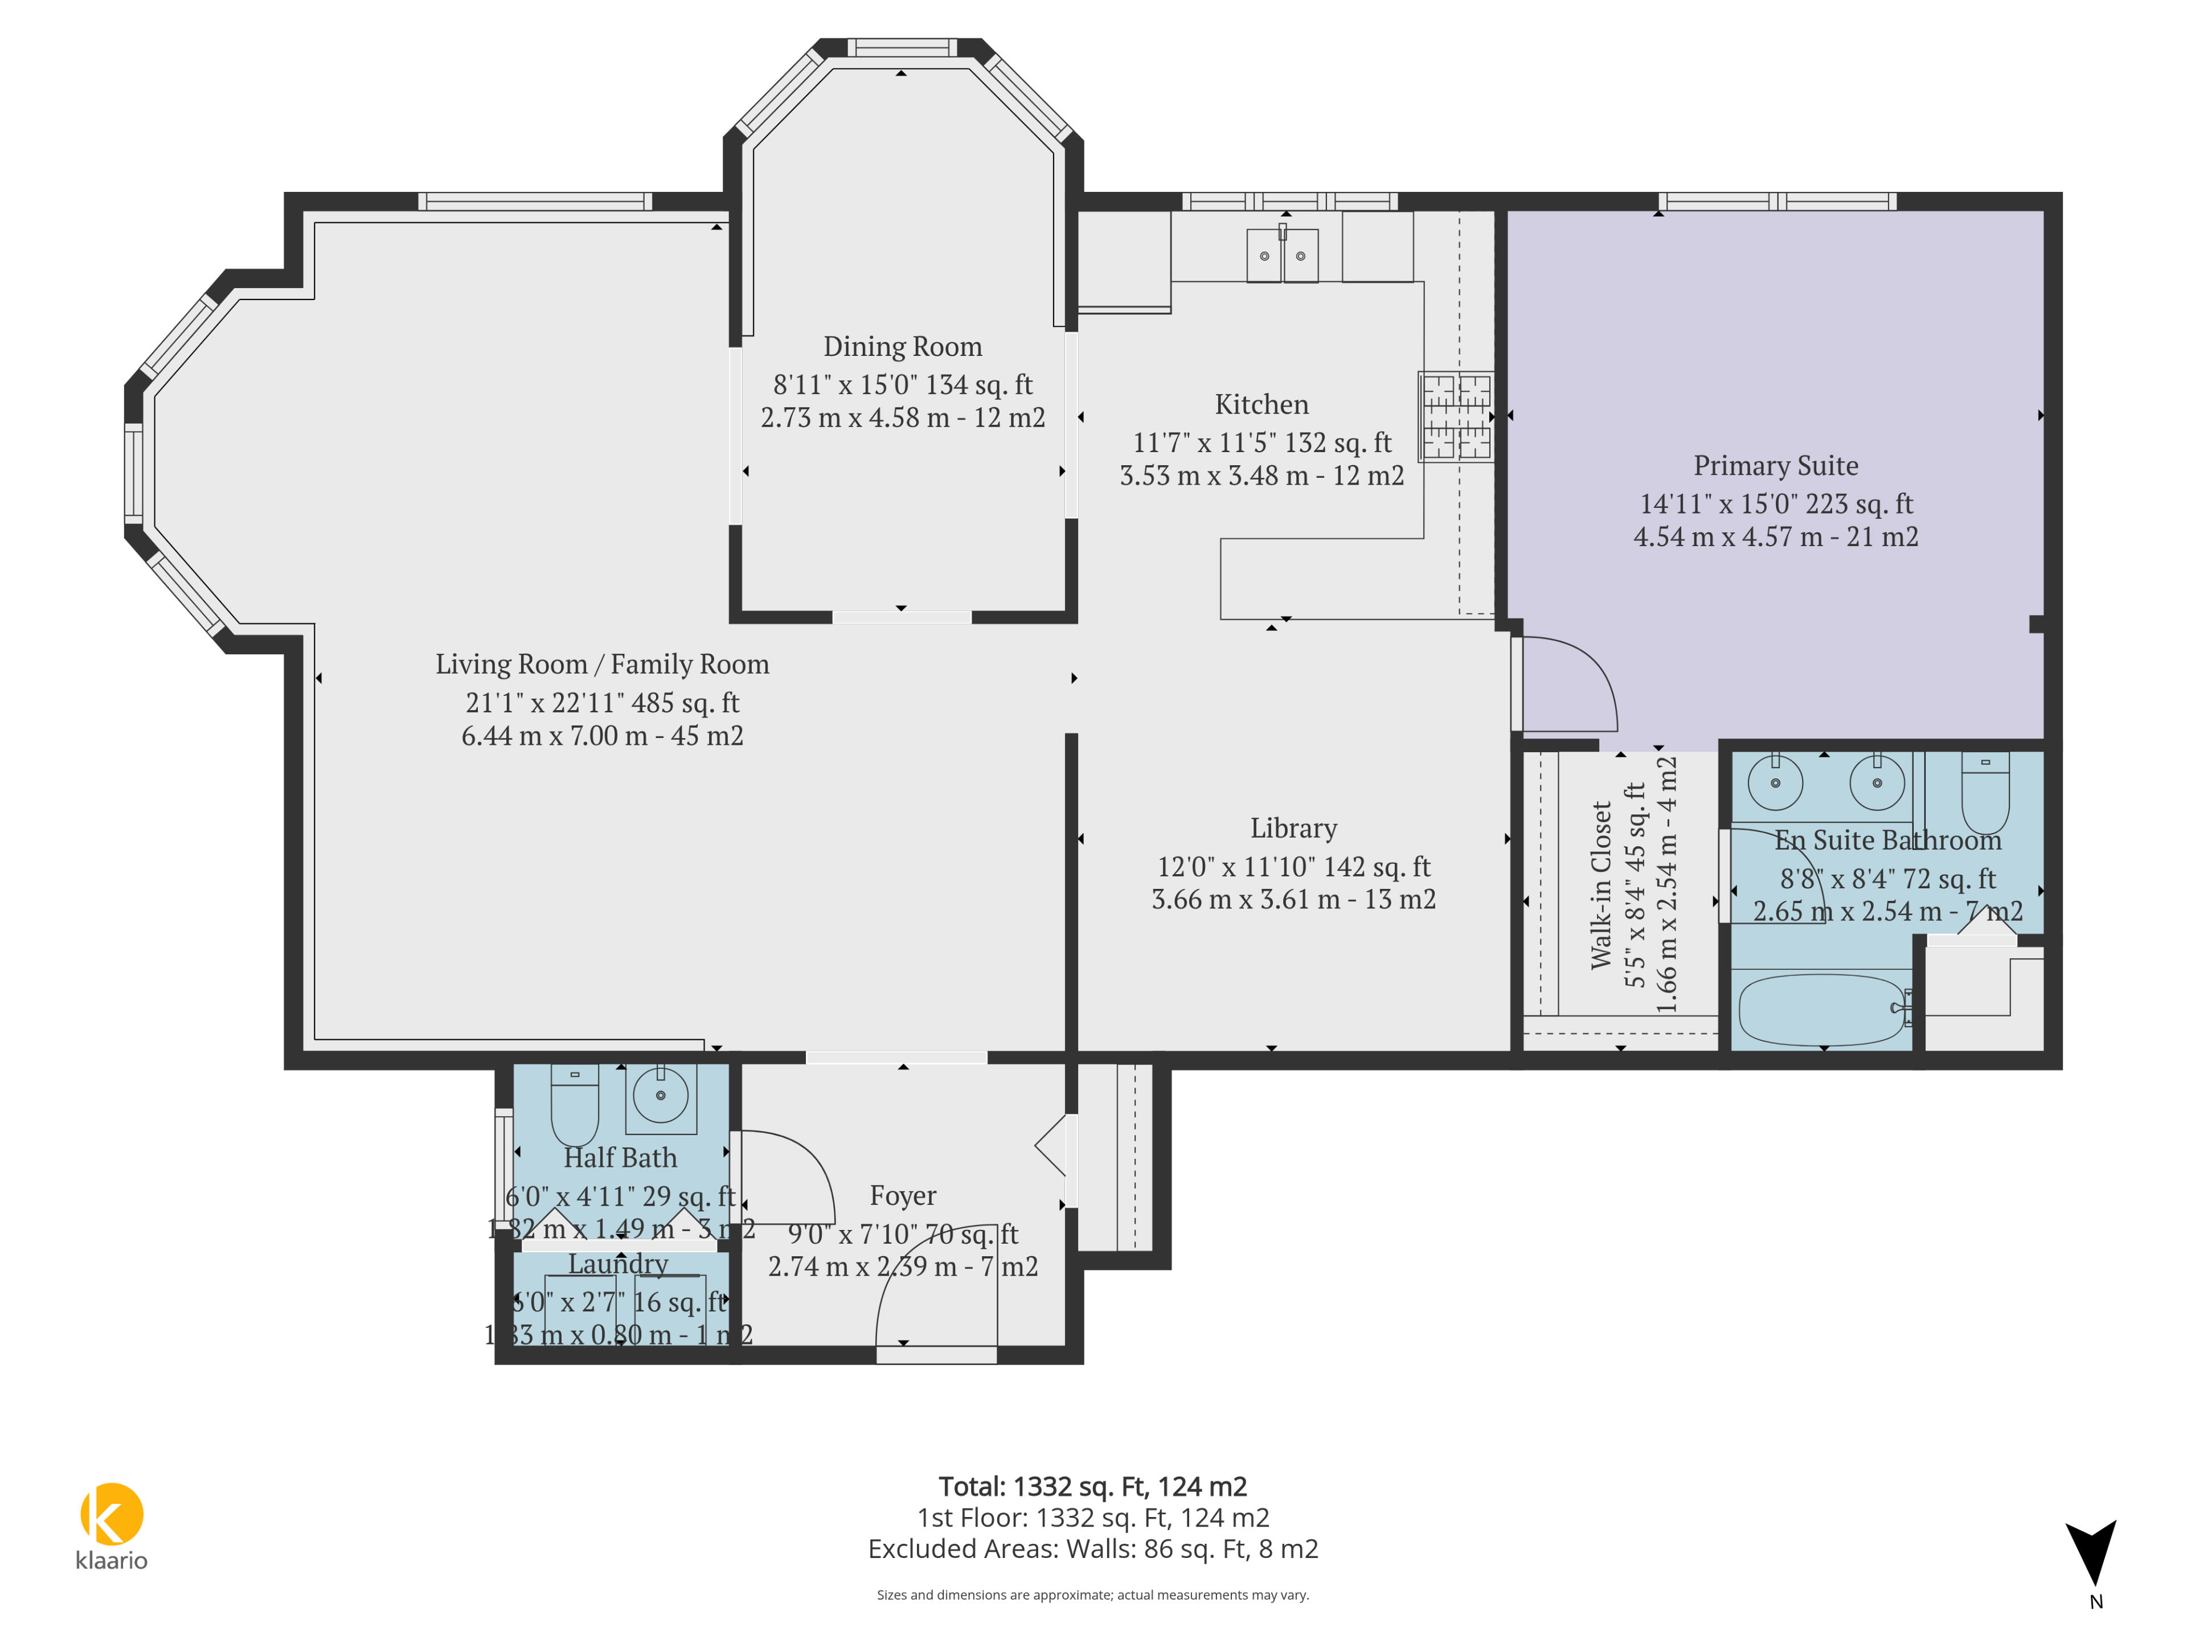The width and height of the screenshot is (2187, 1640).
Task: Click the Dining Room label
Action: pyautogui.click(x=903, y=347)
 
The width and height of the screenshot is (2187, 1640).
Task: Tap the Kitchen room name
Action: pyautogui.click(x=1262, y=404)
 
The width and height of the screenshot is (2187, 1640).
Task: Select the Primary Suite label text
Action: pyautogui.click(x=1776, y=466)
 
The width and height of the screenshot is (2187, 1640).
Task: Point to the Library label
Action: pyautogui.click(x=1293, y=829)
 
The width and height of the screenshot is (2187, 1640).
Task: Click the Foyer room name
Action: pyautogui.click(x=903, y=1196)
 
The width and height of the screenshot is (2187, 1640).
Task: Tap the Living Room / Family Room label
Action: pyautogui.click(x=602, y=665)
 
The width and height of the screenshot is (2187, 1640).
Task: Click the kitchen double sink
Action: pyautogui.click(x=1283, y=255)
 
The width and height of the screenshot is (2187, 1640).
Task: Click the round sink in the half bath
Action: pyautogui.click(x=661, y=1095)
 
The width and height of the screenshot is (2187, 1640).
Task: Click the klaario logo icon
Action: pyautogui.click(x=112, y=1514)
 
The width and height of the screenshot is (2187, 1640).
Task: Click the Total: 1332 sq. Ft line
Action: pyautogui.click(x=1092, y=1487)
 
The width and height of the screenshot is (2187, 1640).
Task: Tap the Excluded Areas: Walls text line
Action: pyautogui.click(x=1092, y=1549)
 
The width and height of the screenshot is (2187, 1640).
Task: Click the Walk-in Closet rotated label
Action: pyautogui.click(x=1602, y=885)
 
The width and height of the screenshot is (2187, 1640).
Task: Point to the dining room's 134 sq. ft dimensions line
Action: pyautogui.click(x=903, y=384)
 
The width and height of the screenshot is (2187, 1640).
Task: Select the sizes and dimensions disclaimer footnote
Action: pyautogui.click(x=1092, y=1594)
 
